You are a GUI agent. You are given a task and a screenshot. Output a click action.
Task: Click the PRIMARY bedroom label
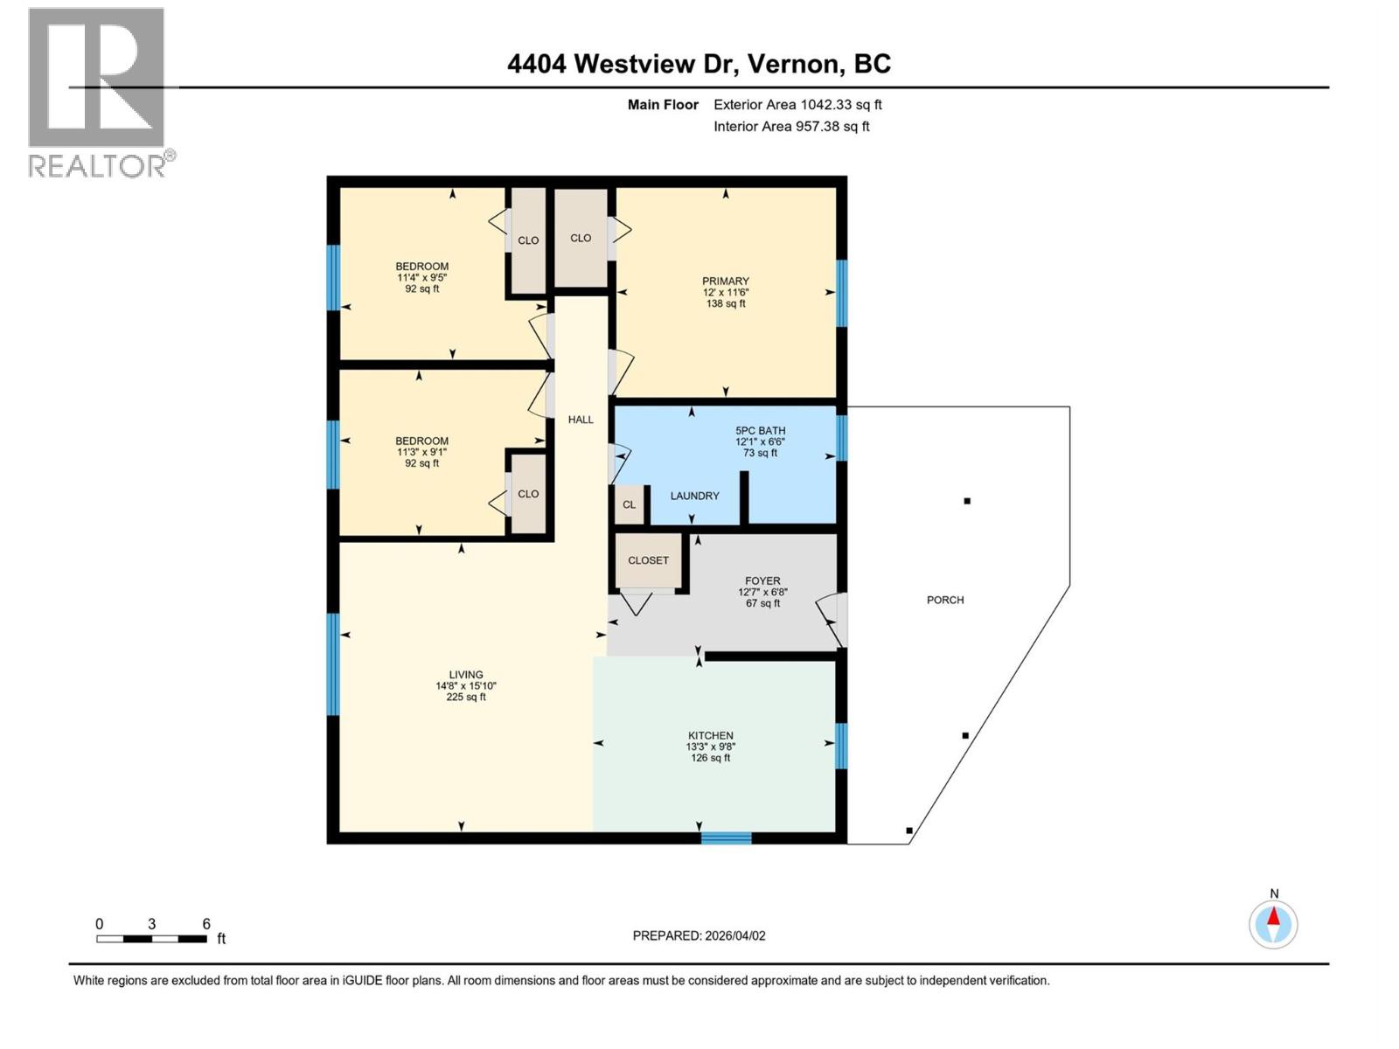[725, 281]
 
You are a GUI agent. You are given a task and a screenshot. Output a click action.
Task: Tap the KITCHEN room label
[710, 736]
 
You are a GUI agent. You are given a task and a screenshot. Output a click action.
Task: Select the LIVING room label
[466, 675]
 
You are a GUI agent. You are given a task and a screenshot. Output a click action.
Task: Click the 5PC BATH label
[760, 431]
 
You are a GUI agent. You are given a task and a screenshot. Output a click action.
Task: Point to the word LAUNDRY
[694, 496]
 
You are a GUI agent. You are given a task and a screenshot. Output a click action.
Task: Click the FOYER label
[762, 580]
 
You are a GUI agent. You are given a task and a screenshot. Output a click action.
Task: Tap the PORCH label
[945, 600]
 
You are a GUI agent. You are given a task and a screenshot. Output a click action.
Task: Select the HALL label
[581, 420]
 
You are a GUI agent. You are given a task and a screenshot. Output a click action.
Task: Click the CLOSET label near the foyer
[648, 560]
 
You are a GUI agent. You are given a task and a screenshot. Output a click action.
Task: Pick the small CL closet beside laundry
[630, 504]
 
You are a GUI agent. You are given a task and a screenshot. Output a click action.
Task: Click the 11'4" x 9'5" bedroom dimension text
[421, 277]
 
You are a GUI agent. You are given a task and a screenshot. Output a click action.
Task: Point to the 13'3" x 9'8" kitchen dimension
[710, 747]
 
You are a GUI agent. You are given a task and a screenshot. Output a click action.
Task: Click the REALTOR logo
[98, 92]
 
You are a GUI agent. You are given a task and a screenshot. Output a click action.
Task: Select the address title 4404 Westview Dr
[699, 64]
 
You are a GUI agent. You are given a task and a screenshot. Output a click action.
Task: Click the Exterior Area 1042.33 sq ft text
[797, 105]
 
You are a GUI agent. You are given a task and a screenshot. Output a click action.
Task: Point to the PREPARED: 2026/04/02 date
[699, 935]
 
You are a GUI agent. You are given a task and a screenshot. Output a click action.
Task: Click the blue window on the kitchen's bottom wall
[726, 838]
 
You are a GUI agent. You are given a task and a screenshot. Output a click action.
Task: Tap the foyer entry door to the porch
[837, 619]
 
